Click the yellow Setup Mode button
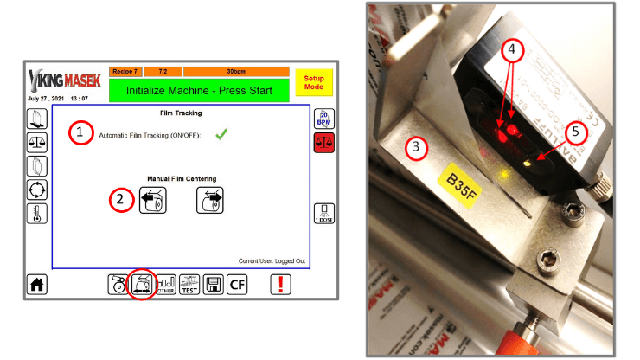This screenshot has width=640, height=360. pyautogui.click(x=312, y=82)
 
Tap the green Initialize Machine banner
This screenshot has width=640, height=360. pyautogui.click(x=199, y=89)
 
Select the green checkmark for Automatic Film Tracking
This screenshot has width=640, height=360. pyautogui.click(x=221, y=133)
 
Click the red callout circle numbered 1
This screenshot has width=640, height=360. pyautogui.click(x=80, y=133)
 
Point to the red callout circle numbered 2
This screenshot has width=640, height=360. pyautogui.click(x=121, y=200)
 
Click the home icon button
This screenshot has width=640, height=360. pyautogui.click(x=38, y=284)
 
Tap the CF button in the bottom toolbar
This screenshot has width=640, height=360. pyautogui.click(x=238, y=284)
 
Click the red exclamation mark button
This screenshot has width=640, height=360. pyautogui.click(x=281, y=284)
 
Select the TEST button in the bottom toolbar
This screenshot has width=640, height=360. pyautogui.click(x=189, y=284)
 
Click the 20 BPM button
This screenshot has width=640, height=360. pyautogui.click(x=323, y=119)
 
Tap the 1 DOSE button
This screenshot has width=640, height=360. pyautogui.click(x=323, y=213)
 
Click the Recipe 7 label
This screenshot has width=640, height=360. pyautogui.click(x=125, y=71)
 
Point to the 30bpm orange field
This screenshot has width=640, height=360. pyautogui.click(x=235, y=71)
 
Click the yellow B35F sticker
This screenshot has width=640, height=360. pyautogui.click(x=464, y=181)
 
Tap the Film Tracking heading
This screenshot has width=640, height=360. pyautogui.click(x=182, y=112)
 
